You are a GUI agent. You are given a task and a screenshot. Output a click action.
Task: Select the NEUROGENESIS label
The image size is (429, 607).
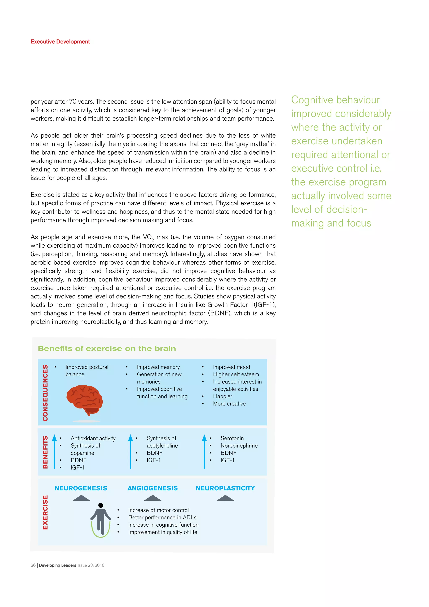tap(81, 488)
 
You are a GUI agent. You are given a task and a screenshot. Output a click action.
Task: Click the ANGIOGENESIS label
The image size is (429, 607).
tap(152, 488)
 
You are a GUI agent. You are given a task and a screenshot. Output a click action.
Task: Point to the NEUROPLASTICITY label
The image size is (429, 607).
tap(225, 488)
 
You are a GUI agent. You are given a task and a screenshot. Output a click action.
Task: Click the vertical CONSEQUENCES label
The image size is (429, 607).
tap(45, 393)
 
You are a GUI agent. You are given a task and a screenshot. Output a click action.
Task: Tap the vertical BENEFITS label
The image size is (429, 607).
tap(45, 452)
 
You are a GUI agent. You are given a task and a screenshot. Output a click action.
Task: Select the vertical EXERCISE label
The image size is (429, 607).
tap(45, 512)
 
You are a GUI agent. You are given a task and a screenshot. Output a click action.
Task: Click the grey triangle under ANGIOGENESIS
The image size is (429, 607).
tap(152, 498)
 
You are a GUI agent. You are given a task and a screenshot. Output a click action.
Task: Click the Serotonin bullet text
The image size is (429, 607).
tap(232, 438)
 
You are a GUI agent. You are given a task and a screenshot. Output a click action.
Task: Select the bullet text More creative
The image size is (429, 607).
tap(229, 404)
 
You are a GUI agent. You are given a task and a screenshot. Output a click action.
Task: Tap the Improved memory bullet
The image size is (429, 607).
tap(158, 367)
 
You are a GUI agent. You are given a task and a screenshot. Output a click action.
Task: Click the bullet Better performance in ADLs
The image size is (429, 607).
tap(162, 517)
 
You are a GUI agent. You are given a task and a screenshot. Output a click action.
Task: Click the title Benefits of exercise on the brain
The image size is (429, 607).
tap(107, 349)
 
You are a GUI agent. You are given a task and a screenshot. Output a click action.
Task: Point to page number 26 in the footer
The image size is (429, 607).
tap(33, 565)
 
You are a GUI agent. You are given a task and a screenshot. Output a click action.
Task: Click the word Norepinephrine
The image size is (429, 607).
tap(239, 446)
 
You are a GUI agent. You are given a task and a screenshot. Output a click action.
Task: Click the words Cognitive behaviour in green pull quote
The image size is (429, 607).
tap(335, 100)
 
